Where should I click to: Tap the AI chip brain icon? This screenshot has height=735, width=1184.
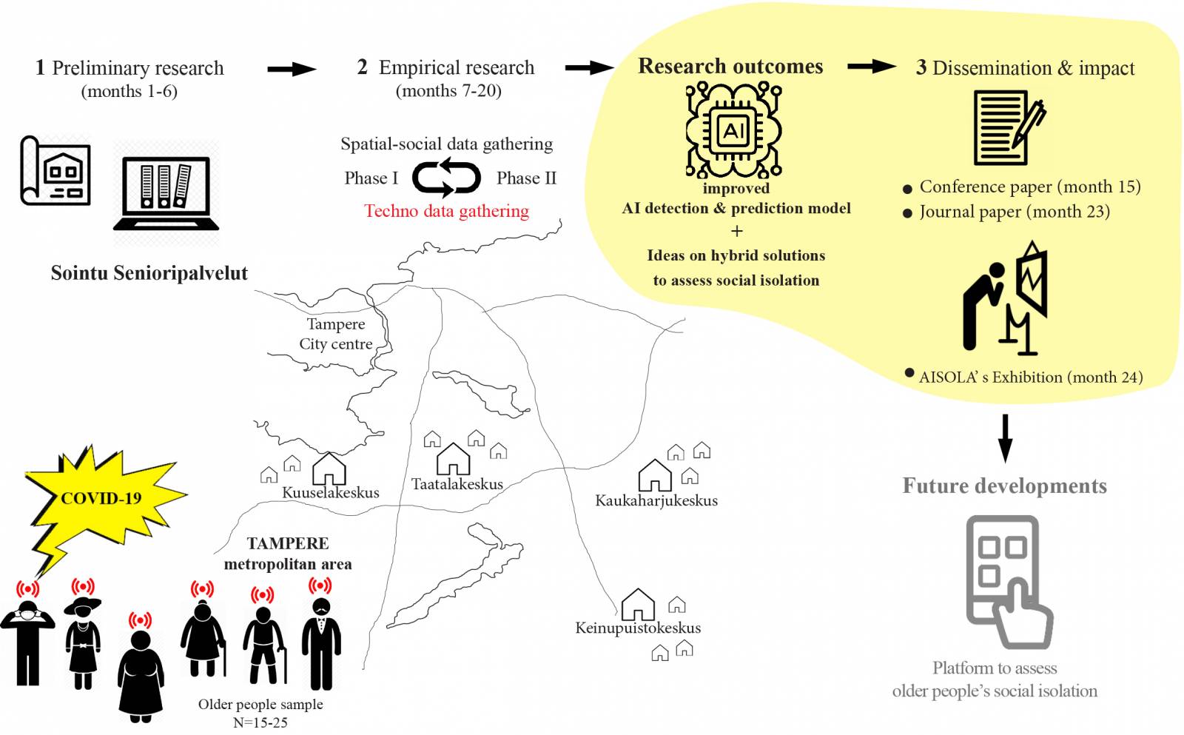click(733, 130)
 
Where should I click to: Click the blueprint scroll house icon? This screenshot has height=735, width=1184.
click(55, 171)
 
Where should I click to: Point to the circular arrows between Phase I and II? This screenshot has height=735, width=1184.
click(446, 178)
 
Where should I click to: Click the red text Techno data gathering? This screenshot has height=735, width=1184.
click(446, 211)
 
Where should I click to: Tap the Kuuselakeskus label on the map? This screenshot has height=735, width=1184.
click(330, 493)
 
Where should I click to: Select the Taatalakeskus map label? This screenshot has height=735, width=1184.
click(457, 484)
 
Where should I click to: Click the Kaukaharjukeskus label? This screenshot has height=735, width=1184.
click(656, 501)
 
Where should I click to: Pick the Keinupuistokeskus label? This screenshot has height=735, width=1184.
click(638, 628)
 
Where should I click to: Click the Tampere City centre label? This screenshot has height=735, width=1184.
click(336, 334)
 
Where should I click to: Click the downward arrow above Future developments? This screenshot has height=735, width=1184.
click(1004, 438)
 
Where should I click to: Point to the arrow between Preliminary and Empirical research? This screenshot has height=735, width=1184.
click(292, 70)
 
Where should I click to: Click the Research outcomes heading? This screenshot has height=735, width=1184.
click(730, 67)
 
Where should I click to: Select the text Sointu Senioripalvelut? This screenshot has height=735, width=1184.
click(149, 273)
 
